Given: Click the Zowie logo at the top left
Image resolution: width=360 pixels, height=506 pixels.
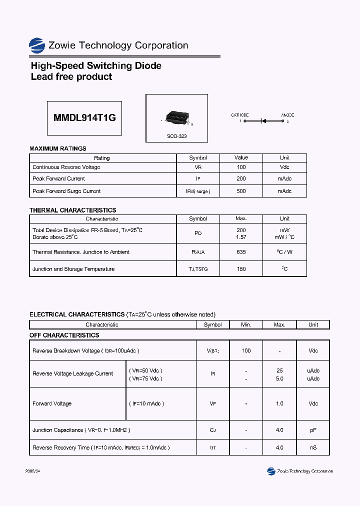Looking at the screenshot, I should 37,45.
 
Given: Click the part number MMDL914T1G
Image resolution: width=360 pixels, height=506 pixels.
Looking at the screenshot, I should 84,118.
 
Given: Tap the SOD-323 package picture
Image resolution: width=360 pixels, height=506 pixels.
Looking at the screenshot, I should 176,118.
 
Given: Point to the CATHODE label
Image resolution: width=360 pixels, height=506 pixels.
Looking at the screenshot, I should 240,115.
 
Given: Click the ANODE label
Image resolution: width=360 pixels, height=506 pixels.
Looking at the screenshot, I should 287,115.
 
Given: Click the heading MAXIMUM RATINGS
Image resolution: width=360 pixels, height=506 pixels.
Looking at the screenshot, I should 58,148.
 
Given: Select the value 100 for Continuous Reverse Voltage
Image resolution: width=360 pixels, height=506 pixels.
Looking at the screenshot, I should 241,167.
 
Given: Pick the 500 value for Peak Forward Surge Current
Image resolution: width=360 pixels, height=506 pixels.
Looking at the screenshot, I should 241,191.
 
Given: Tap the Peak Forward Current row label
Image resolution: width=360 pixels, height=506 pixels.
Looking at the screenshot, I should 58,178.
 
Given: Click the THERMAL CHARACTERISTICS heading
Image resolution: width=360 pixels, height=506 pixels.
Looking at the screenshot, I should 73,210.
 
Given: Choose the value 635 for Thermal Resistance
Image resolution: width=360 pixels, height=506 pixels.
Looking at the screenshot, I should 241,252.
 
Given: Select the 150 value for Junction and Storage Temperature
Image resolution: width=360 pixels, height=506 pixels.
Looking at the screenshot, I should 241,269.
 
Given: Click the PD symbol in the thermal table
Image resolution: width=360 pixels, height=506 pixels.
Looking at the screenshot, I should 198,233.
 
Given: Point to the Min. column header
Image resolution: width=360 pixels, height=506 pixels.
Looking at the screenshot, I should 246,324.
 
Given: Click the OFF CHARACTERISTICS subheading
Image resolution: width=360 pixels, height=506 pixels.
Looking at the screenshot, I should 64,335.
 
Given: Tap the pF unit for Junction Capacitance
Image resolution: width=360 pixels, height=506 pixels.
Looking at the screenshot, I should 313,430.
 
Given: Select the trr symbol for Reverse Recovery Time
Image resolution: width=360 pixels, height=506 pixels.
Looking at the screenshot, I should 212,447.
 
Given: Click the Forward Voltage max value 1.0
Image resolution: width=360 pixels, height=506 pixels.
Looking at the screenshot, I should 279,403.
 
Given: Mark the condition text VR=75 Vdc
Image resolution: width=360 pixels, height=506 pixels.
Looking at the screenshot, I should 146,378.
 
